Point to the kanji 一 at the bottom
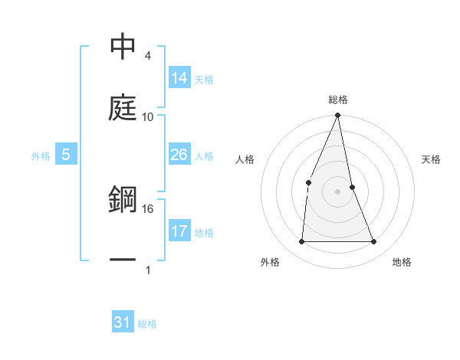pyautogui.click(x=123, y=260)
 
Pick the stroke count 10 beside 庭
pyautogui.click(x=148, y=117)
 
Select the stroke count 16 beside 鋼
pyautogui.click(x=148, y=208)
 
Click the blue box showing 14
pyautogui.click(x=179, y=78)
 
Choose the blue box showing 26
pyautogui.click(x=179, y=155)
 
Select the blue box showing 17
pyautogui.click(x=179, y=231)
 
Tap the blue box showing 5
pyautogui.click(x=66, y=155)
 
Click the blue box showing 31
pyautogui.click(x=123, y=322)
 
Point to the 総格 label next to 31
pyautogui.click(x=147, y=324)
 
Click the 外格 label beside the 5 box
pyautogui.click(x=41, y=156)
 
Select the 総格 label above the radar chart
pyautogui.click(x=338, y=100)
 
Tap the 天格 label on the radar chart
pyautogui.click(x=432, y=159)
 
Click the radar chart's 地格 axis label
pyautogui.click(x=402, y=262)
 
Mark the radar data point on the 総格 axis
pyautogui.click(x=338, y=116)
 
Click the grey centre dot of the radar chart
pyautogui.click(x=338, y=191)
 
